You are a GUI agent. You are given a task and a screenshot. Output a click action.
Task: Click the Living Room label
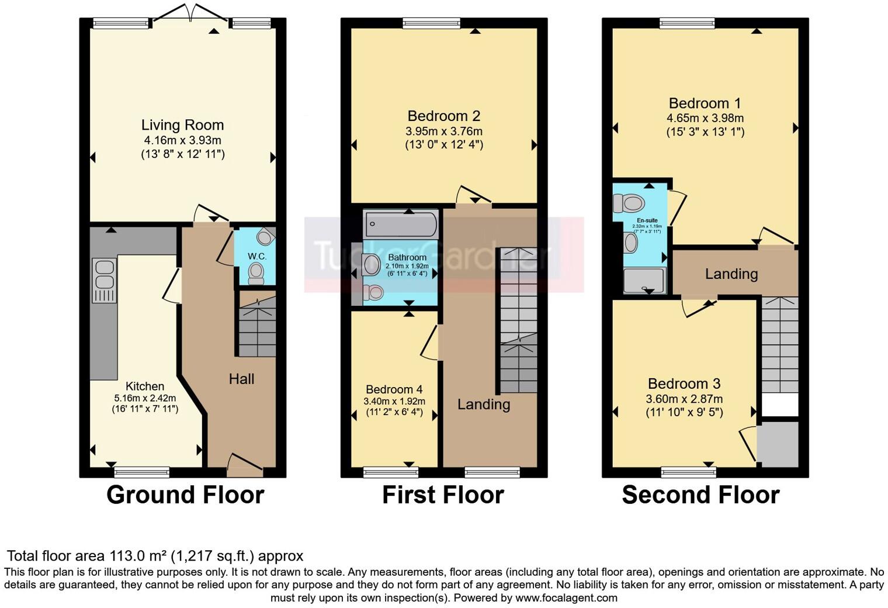(182, 125)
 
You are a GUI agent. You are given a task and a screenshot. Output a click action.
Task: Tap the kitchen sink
(104, 275)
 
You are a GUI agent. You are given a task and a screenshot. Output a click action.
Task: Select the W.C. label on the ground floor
(256, 257)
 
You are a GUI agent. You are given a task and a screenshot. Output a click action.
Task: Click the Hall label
(241, 379)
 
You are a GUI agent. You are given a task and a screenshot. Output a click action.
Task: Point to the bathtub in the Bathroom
(401, 224)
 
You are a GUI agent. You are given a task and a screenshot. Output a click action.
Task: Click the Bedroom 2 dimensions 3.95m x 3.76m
(444, 131)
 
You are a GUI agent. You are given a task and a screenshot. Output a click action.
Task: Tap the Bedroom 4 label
(394, 389)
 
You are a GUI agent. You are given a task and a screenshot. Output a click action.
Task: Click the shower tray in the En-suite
(644, 280)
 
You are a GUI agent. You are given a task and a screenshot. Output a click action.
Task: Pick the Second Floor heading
(700, 495)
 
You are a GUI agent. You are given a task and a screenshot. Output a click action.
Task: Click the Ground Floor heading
(185, 495)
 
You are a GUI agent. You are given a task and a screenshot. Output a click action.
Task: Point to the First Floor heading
(442, 495)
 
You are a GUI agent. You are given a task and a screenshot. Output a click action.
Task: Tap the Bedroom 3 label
(684, 384)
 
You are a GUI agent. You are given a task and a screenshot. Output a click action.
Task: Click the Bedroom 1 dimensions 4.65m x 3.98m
(705, 118)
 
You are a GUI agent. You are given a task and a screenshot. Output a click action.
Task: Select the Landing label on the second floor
(731, 274)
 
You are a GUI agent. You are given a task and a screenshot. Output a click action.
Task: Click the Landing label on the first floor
(483, 404)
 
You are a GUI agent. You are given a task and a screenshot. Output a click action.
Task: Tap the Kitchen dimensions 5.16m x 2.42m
(144, 398)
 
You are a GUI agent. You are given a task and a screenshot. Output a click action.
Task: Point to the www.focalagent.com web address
(566, 597)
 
